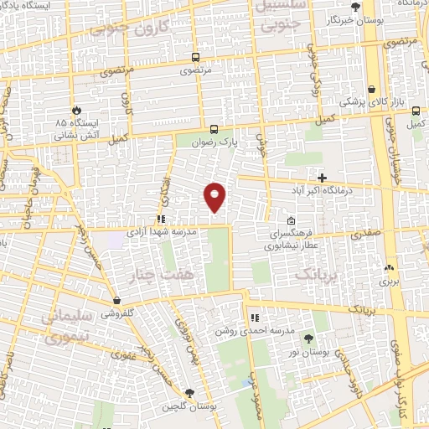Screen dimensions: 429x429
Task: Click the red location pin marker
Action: point(215,195)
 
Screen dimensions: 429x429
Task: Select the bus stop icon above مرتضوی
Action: point(196,58)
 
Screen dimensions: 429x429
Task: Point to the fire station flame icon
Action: point(77,109)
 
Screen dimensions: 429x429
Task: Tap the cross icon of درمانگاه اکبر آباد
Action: point(323,177)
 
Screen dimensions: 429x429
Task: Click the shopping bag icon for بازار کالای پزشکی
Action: point(370,90)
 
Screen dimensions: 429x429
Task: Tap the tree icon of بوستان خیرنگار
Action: point(355,7)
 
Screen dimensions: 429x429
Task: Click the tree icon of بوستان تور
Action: point(309,338)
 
